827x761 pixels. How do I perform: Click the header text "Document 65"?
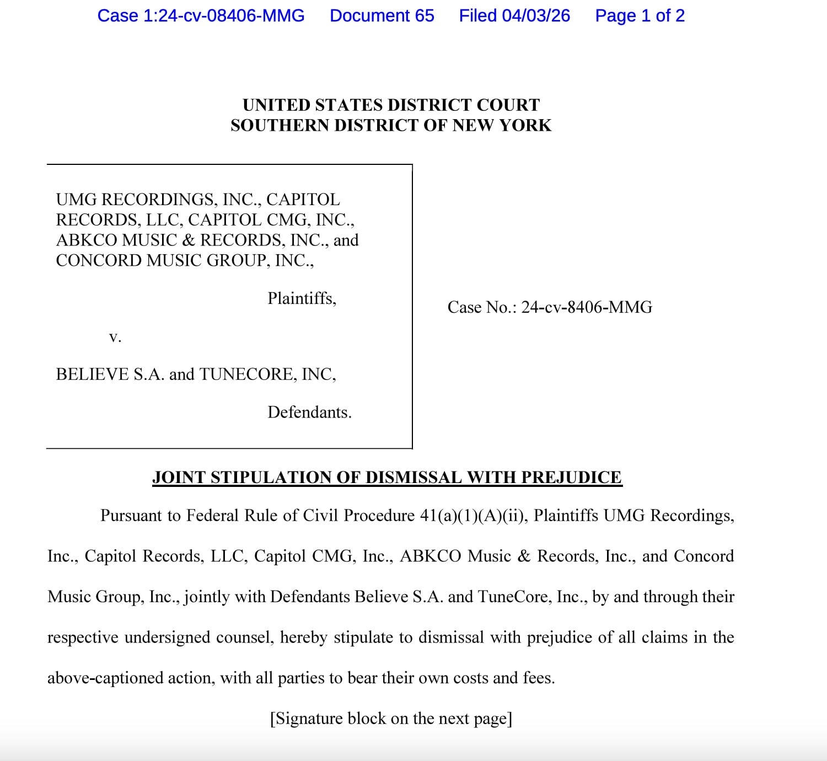pos(382,15)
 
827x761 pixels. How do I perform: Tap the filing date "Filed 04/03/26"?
pos(514,15)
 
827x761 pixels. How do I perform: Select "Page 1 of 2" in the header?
pos(640,15)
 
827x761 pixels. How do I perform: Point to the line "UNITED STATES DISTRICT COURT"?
pos(391,105)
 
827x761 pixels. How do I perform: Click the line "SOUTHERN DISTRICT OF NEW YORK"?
pos(391,125)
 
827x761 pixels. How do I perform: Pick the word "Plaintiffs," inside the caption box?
pos(302,298)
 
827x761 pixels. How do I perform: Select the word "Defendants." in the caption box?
pos(309,412)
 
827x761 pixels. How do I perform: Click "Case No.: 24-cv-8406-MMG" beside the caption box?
pos(550,307)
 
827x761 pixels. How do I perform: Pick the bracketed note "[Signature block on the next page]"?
pos(391,719)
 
